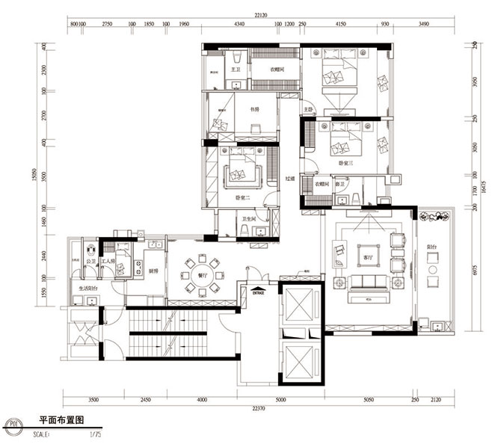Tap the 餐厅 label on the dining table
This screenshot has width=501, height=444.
tap(203, 274)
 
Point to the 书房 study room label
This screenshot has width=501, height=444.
tap(254, 109)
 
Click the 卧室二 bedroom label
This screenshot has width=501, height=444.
tap(242, 197)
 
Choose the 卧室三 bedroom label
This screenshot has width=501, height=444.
tap(345, 162)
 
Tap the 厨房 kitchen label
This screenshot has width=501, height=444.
tap(153, 271)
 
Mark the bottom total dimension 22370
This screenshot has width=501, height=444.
tap(259, 409)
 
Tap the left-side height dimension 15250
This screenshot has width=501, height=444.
tap(34, 174)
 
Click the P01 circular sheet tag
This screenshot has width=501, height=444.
tap(11, 428)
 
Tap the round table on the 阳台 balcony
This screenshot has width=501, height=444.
tap(433, 283)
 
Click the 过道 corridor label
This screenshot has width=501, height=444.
tap(289, 179)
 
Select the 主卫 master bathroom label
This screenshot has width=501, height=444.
tap(235, 69)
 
